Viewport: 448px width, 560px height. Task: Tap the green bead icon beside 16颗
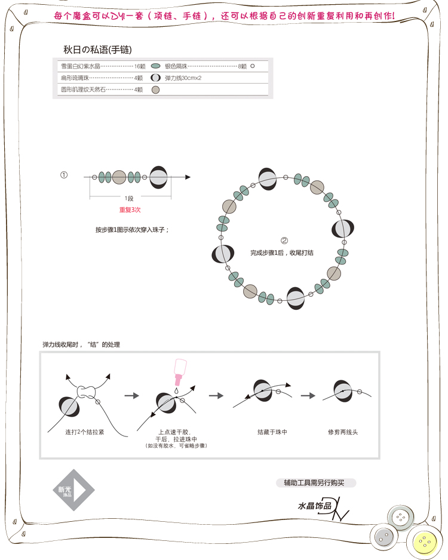pos(155,66)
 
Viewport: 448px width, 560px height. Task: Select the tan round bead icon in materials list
pos(155,90)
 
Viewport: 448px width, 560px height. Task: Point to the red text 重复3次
pos(129,210)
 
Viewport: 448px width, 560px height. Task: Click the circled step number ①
pos(64,175)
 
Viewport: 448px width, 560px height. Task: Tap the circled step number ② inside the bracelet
pos(284,241)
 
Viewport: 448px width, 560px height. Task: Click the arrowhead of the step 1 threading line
pos(188,177)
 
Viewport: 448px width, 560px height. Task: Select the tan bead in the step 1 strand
pos(119,177)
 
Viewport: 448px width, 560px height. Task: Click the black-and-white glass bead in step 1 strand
pos(158,177)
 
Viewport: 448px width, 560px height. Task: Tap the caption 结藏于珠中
pos(272,432)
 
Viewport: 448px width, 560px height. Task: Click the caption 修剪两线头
pos(343,432)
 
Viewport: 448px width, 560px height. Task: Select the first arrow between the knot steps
pos(131,395)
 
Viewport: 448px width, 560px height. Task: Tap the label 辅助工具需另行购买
pos(319,482)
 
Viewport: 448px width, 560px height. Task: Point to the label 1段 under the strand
pos(129,198)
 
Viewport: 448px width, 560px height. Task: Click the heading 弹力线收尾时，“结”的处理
pos(81,344)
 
